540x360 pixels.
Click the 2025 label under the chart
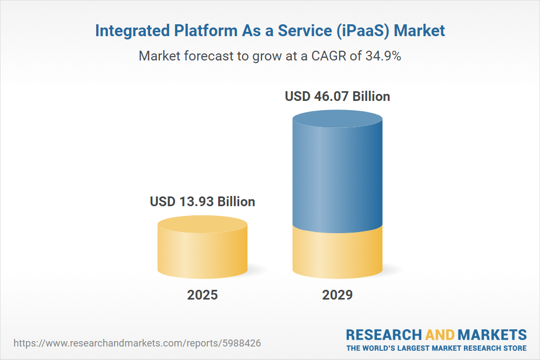(x=202, y=295)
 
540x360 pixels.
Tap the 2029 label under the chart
(x=337, y=295)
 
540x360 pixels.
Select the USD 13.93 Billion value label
(x=202, y=202)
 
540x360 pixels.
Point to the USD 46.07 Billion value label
(x=337, y=97)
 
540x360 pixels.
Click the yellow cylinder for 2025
(x=202, y=251)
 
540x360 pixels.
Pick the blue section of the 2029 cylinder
(x=337, y=178)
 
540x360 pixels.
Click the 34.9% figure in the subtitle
(x=382, y=56)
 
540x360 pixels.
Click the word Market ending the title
(x=420, y=31)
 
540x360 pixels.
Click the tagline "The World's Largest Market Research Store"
(x=436, y=348)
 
